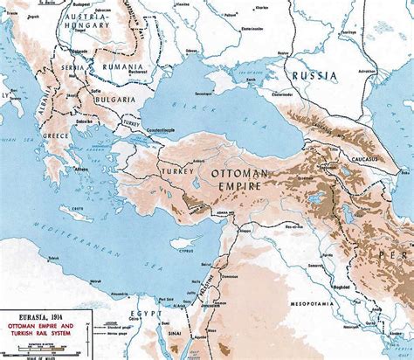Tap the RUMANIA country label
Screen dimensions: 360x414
click(122, 66)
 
